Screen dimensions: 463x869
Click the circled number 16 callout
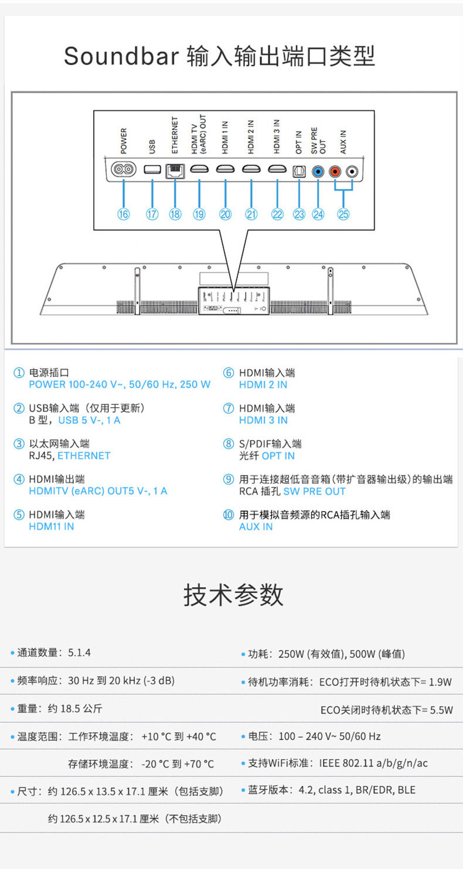pyautogui.click(x=124, y=214)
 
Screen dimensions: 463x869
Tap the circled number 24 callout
pyautogui.click(x=318, y=214)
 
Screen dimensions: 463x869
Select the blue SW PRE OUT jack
pyautogui.click(x=318, y=172)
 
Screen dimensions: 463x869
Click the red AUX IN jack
pyautogui.click(x=335, y=172)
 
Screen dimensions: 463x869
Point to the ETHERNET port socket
pyautogui.click(x=175, y=170)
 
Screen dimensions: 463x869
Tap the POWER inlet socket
pyautogui.click(x=124, y=170)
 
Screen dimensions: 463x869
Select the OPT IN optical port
pyautogui.click(x=299, y=171)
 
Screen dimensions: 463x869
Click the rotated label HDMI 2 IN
pyautogui.click(x=251, y=137)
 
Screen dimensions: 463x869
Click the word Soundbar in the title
pyautogui.click(x=121, y=57)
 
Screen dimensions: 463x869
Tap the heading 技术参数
pyautogui.click(x=233, y=595)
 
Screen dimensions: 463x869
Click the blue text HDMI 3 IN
pyautogui.click(x=263, y=420)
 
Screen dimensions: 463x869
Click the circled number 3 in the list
pyautogui.click(x=19, y=444)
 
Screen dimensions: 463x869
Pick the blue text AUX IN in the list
pyautogui.click(x=256, y=526)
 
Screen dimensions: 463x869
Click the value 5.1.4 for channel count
pyautogui.click(x=79, y=653)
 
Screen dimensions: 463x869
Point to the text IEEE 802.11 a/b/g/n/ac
pyautogui.click(x=373, y=763)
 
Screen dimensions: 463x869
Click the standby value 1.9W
pyautogui.click(x=440, y=682)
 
